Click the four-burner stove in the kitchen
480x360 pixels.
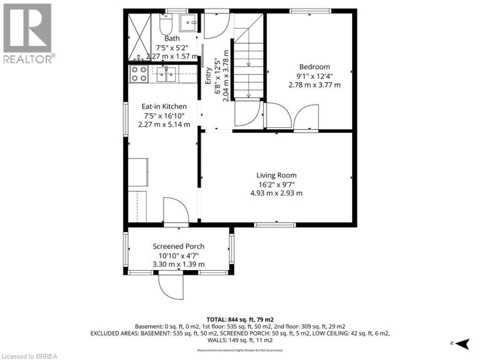pyautogui.click(x=140, y=73)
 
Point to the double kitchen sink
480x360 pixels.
pyautogui.click(x=166, y=74)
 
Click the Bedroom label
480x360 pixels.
pyautogui.click(x=314, y=67)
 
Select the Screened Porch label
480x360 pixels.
pyautogui.click(x=178, y=246)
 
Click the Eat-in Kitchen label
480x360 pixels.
pyautogui.click(x=163, y=106)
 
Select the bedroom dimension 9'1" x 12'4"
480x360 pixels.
pyautogui.click(x=314, y=76)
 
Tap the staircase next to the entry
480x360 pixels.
pyautogui.click(x=248, y=60)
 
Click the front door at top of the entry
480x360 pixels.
pyautogui.click(x=215, y=24)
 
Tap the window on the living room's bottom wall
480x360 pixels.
pyautogui.click(x=275, y=225)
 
